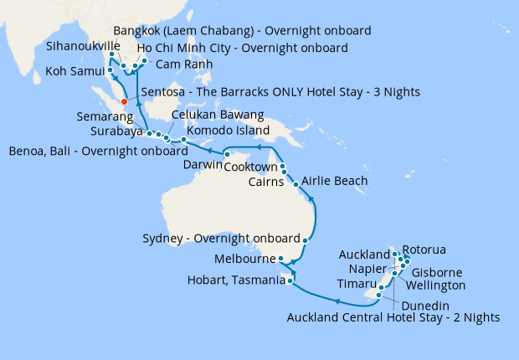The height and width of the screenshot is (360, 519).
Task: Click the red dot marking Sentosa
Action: (x=124, y=102)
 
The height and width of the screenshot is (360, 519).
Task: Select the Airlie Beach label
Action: (x=333, y=181)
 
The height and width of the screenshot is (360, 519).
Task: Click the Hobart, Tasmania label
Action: (x=233, y=280)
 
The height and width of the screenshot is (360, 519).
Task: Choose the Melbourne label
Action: (x=244, y=259)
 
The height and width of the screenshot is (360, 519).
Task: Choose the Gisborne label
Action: (x=439, y=273)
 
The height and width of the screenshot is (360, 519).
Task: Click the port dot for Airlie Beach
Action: (x=295, y=183)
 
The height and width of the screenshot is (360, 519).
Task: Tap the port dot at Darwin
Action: (x=227, y=154)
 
